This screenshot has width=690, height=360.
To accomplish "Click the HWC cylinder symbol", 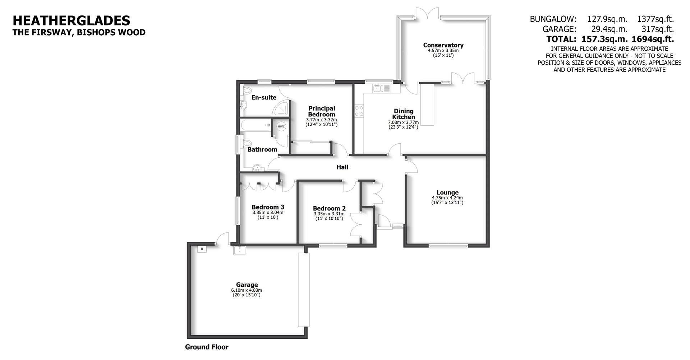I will point(281,126).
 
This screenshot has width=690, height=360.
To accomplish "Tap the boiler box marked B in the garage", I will point(202,249).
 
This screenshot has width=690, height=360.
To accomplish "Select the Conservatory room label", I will point(443,45).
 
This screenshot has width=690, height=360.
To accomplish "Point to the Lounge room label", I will point(447,193).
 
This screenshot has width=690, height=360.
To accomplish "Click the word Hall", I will point(342,167).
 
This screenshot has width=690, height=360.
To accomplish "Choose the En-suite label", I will point(264,97).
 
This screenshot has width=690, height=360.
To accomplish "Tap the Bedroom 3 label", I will point(268,207).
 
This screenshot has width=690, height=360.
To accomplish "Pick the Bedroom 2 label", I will point(329,208).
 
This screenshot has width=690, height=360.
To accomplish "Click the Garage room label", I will point(247,285).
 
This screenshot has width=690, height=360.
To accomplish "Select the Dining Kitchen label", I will point(404,114).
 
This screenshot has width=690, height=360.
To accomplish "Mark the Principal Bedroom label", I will point(322,111).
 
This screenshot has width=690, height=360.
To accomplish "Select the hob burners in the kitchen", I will point(359,111).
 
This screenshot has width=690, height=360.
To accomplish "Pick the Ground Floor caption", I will point(207,347).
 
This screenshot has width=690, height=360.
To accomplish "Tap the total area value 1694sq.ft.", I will point(653,39).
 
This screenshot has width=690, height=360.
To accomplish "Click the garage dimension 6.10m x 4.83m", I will point(247,290).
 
